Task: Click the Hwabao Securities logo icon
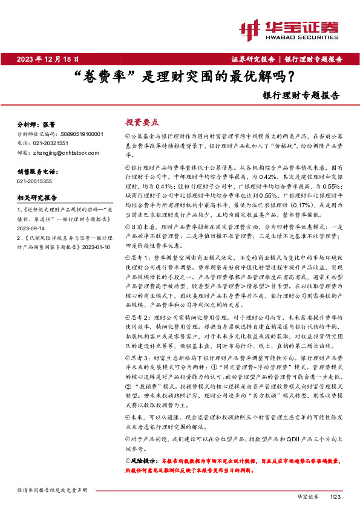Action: [x=250, y=28]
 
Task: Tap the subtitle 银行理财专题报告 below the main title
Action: [x=301, y=95]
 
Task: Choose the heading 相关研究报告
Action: [x=37, y=197]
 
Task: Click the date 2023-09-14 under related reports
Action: [x=32, y=229]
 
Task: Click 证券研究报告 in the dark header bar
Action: [x=252, y=59]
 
